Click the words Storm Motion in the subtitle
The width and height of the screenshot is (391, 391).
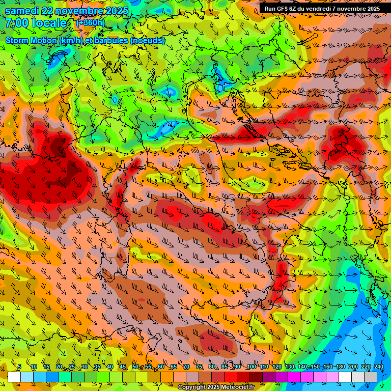pos(31,40)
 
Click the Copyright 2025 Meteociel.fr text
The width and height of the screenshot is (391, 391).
pos(219,387)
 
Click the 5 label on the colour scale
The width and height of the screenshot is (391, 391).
pos(19,367)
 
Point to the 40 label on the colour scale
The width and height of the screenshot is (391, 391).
pos(109,367)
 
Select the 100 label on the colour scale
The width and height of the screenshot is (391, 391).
pos(251,367)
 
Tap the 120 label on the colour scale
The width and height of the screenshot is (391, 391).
pos(276,367)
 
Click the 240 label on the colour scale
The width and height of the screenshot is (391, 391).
pos(378,367)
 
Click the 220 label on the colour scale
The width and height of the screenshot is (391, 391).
pos(366,367)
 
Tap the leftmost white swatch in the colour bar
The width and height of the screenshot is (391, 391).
pos(14,377)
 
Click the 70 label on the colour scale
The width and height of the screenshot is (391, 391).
pos(186,367)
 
